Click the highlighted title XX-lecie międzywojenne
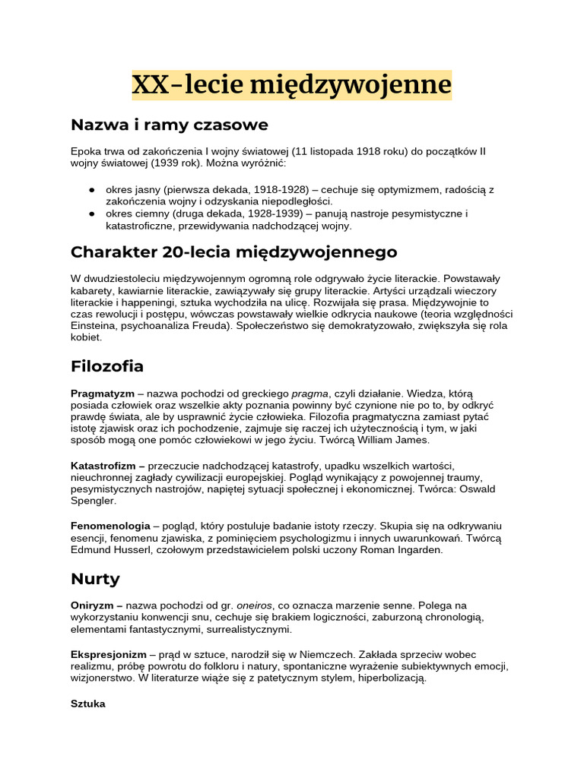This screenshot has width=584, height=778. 291,85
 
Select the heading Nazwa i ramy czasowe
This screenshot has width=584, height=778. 169,125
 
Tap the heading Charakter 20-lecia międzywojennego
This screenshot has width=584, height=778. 233,251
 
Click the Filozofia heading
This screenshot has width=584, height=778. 107,366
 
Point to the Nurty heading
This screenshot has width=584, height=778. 95,579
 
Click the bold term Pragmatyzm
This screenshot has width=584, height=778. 103,394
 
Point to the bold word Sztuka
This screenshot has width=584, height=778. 87,704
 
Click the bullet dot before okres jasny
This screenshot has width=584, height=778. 91,189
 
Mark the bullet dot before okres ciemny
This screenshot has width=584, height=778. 91,213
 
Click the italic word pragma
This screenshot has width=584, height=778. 309,394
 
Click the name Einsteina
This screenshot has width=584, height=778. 94,325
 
